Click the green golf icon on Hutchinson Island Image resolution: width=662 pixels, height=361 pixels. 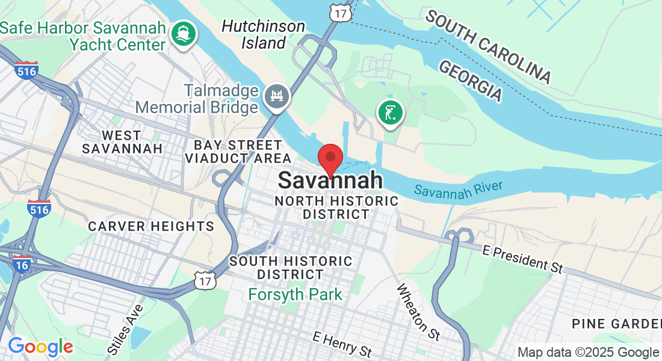pyautogui.click(x=391, y=113)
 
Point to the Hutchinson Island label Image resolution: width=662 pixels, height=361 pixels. pyautogui.click(x=263, y=34)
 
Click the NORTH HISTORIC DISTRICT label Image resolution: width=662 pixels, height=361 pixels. pyautogui.click(x=336, y=207)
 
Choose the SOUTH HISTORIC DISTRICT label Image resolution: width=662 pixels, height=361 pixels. pyautogui.click(x=291, y=268)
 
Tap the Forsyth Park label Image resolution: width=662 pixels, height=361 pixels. pyautogui.click(x=295, y=295)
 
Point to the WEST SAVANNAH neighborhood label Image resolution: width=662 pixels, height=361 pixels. pyautogui.click(x=122, y=141)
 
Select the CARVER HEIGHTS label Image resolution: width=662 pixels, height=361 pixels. pyautogui.click(x=151, y=226)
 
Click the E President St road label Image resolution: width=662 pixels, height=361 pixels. pyautogui.click(x=523, y=257)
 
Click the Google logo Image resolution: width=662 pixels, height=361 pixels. pyautogui.click(x=40, y=347)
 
